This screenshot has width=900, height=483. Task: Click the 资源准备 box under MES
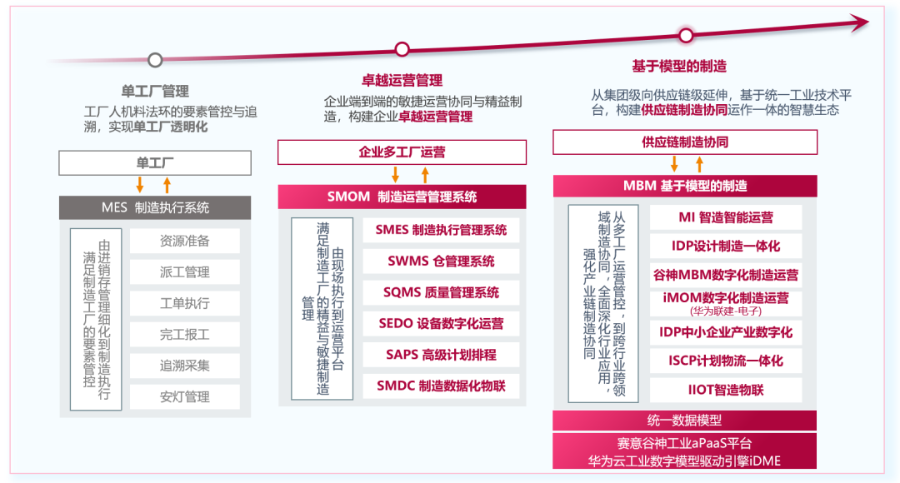[184, 241]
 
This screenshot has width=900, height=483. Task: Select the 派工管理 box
[184, 271]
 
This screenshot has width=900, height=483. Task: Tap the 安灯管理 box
[184, 396]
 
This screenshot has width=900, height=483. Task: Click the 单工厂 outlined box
[155, 162]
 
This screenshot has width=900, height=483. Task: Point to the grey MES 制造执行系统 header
[155, 207]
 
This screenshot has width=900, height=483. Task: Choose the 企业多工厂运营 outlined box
[402, 152]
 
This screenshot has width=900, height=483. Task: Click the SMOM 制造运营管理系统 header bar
[402, 197]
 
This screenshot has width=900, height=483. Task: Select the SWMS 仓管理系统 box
[441, 261]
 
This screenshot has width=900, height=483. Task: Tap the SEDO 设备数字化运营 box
[441, 323]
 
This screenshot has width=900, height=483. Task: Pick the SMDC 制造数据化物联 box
[441, 386]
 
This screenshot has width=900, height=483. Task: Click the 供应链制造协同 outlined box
[685, 142]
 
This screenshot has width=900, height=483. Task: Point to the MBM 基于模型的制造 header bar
[685, 186]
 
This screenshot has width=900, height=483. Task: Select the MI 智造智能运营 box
[724, 217]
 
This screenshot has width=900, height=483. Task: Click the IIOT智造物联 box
[724, 390]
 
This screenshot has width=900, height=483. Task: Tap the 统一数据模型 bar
[685, 421]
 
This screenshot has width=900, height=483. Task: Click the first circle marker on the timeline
[155, 60]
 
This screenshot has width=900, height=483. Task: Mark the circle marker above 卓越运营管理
[402, 49]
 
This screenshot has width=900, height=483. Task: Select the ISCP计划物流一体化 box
[724, 361]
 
